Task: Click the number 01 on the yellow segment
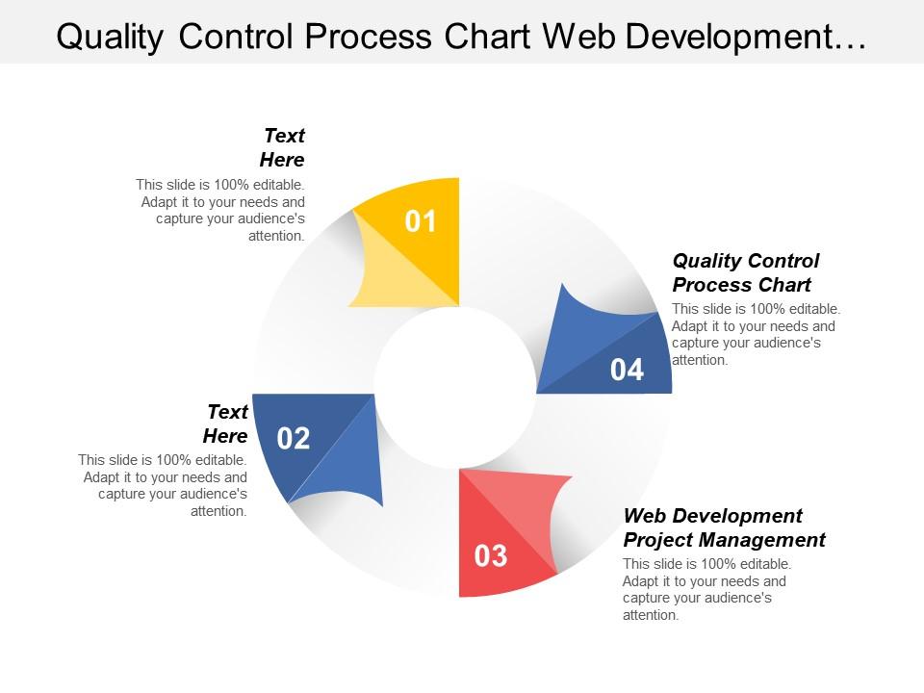[x=420, y=222]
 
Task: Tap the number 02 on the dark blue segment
[x=294, y=439]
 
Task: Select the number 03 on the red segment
[x=490, y=555]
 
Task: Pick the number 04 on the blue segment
[x=627, y=370]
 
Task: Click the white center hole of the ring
[x=455, y=388]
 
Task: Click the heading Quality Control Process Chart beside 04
[x=745, y=272]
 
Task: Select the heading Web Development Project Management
[x=724, y=527]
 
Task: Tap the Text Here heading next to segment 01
[x=282, y=147]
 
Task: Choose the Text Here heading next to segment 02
[x=226, y=423]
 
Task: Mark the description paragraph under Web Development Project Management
[x=706, y=589]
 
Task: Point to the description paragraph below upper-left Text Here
[x=221, y=210]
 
